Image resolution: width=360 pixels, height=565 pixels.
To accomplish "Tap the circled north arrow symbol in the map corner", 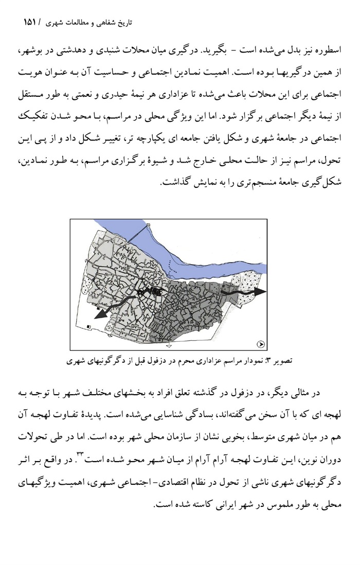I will pos(261,344).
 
